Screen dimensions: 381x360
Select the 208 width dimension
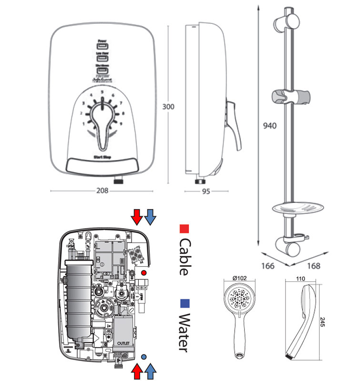click(x=102, y=190)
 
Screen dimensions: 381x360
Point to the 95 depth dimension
click(x=206, y=191)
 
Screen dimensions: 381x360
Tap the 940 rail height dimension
click(x=270, y=126)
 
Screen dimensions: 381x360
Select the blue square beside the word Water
click(x=183, y=303)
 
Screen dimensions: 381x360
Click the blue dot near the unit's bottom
click(x=144, y=356)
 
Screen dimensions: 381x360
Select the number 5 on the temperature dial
click(x=102, y=92)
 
